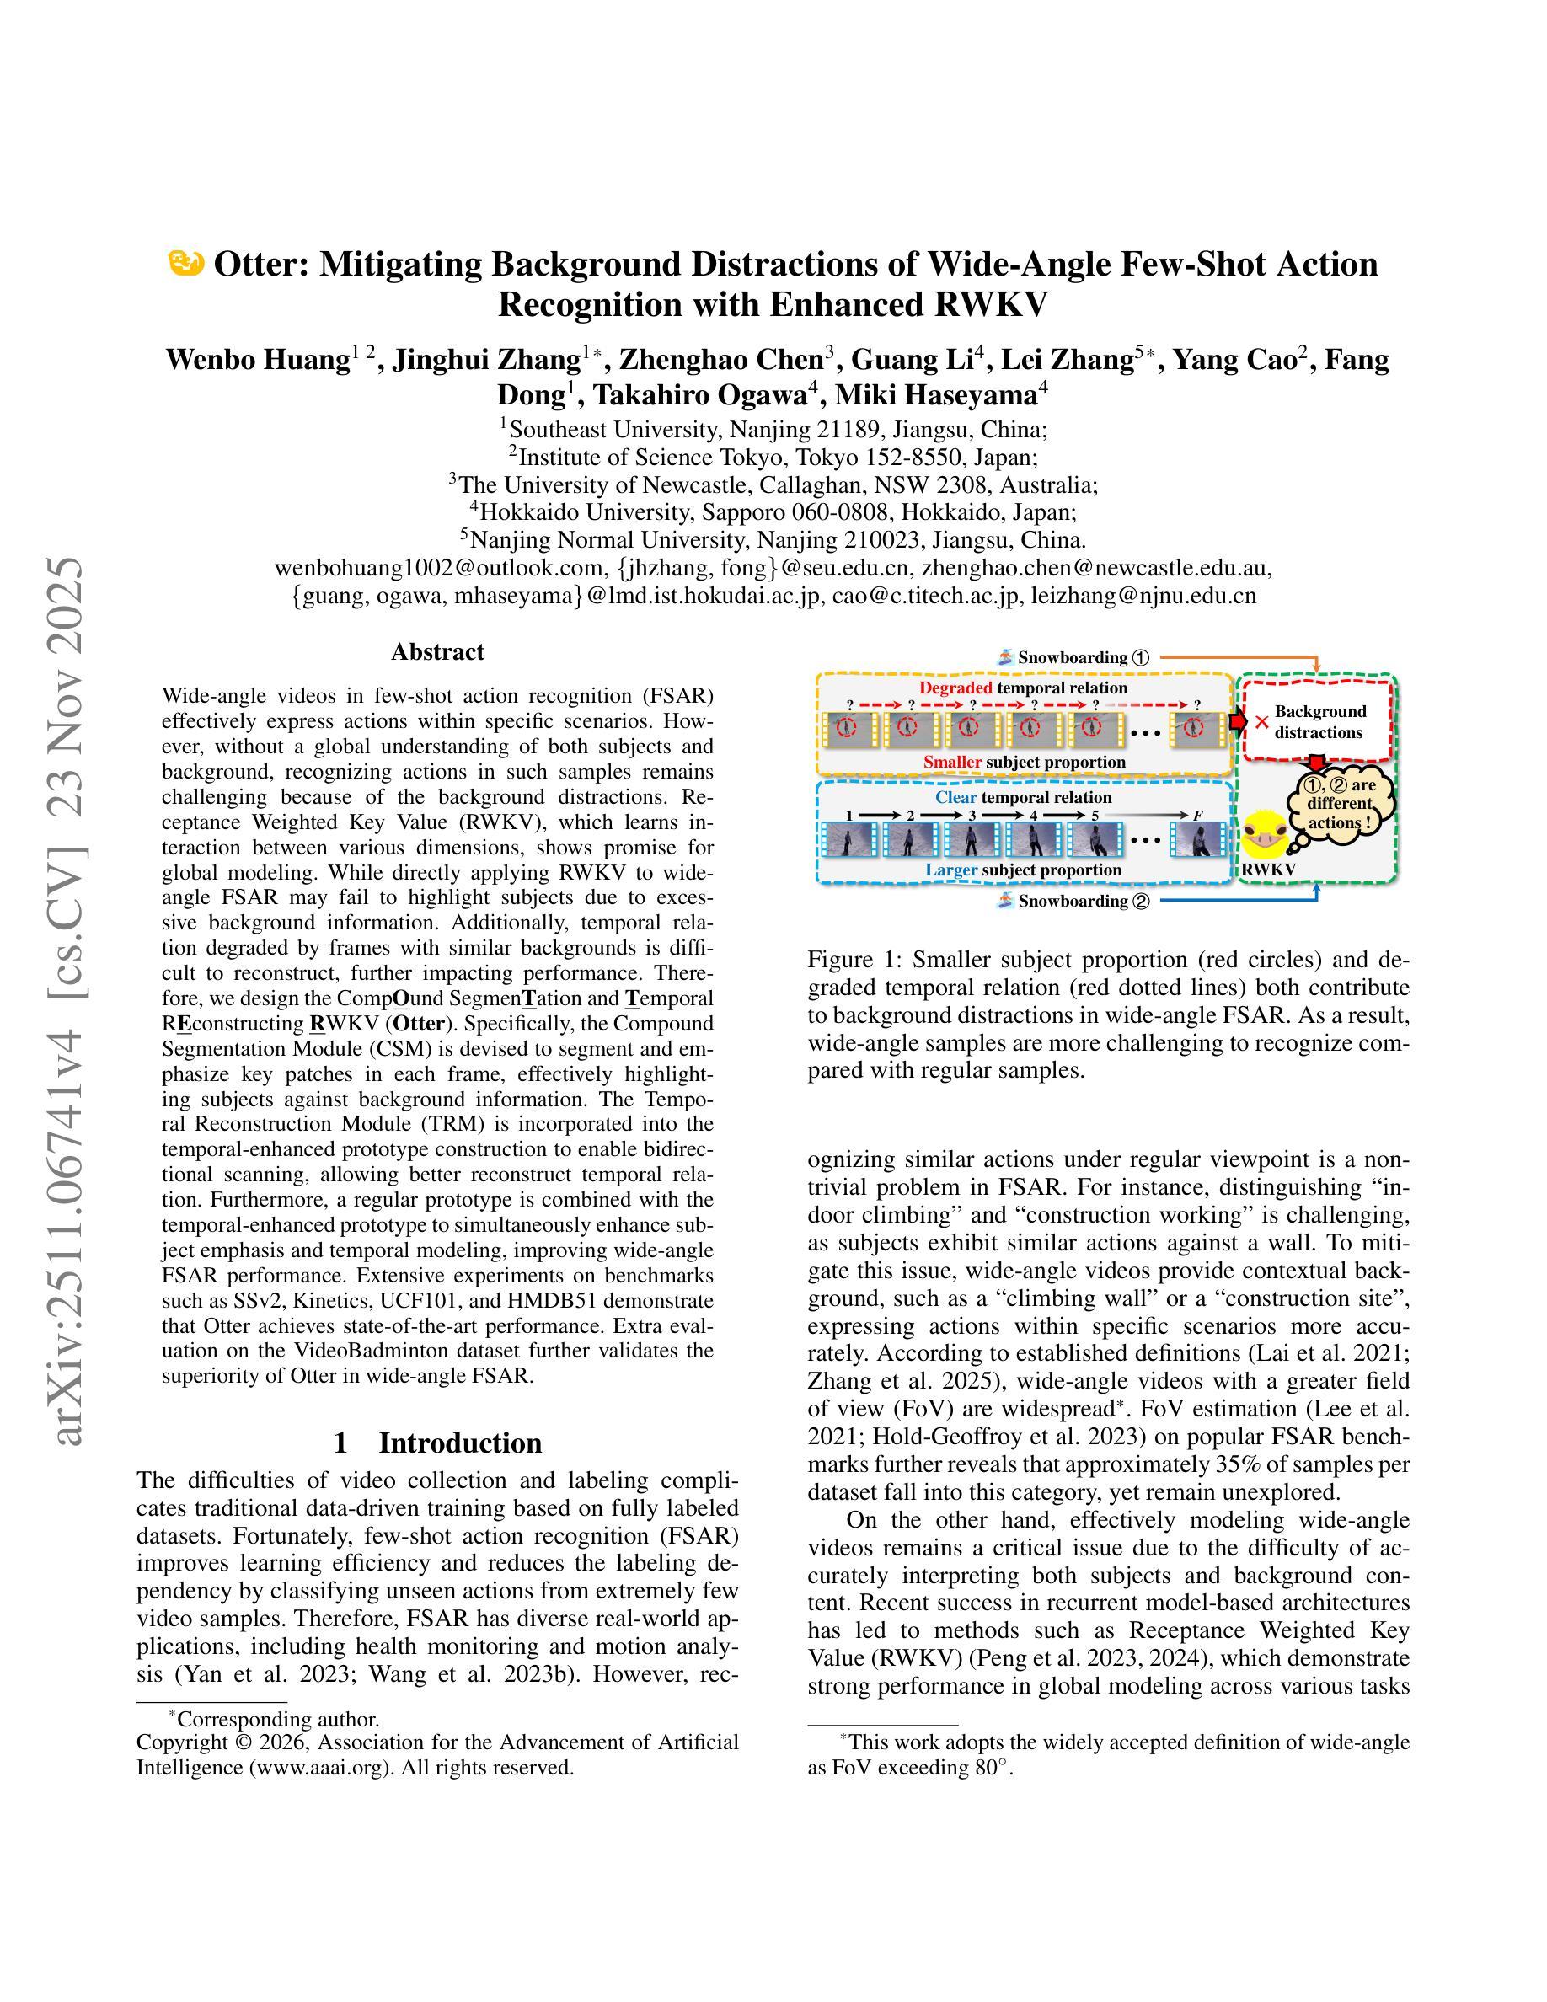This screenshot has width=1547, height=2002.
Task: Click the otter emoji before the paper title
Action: (186, 264)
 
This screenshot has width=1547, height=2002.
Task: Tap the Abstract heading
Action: (437, 652)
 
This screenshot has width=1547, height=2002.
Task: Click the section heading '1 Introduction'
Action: (437, 1443)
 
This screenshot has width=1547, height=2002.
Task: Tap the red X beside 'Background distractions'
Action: (1262, 722)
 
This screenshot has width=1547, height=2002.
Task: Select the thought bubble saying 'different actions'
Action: (1339, 804)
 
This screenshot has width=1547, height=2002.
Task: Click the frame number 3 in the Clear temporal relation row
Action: (972, 815)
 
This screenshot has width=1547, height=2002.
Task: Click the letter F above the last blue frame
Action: (1197, 816)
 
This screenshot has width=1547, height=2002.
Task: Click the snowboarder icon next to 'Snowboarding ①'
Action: (1005, 657)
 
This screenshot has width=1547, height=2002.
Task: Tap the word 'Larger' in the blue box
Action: (950, 870)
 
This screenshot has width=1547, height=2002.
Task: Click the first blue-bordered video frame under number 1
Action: (848, 841)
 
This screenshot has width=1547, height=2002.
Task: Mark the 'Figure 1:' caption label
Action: (854, 960)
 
